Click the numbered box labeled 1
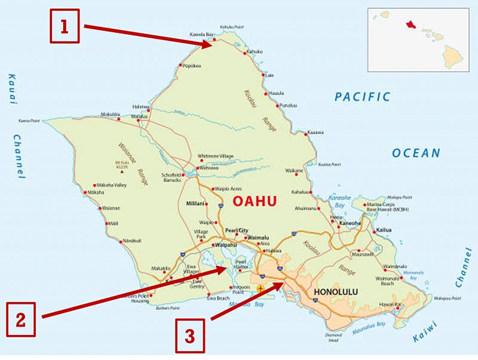[x=64, y=26]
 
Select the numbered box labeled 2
[x=21, y=319]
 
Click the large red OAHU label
[x=254, y=202]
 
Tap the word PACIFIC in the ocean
[x=362, y=97]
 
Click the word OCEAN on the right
[x=416, y=153]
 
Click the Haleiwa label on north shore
[x=140, y=106]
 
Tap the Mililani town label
[x=195, y=203]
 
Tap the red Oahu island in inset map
[x=410, y=25]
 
